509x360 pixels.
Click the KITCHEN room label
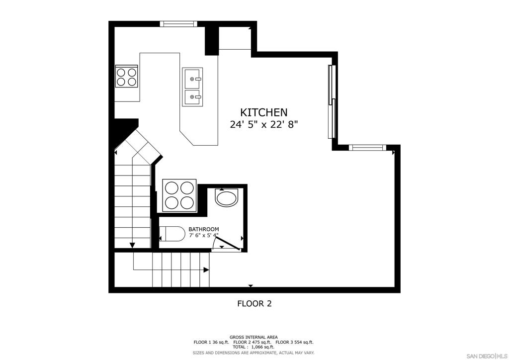(x=263, y=113)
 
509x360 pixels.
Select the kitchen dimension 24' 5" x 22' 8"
(x=263, y=125)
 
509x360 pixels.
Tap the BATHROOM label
(x=203, y=229)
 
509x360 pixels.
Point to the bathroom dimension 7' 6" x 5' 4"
(x=203, y=235)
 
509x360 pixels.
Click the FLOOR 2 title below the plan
(x=254, y=303)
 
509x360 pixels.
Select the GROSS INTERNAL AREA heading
(x=254, y=337)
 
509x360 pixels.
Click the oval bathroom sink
(x=227, y=198)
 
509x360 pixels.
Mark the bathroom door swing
(x=226, y=242)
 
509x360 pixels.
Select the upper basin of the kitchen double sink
(x=192, y=78)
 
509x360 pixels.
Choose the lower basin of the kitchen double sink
(x=192, y=97)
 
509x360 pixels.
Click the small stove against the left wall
(x=126, y=77)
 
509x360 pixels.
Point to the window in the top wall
(x=178, y=23)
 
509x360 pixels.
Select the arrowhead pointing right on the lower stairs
(x=206, y=270)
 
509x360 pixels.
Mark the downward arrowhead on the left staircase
(x=133, y=245)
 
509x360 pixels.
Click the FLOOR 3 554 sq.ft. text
(x=294, y=342)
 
